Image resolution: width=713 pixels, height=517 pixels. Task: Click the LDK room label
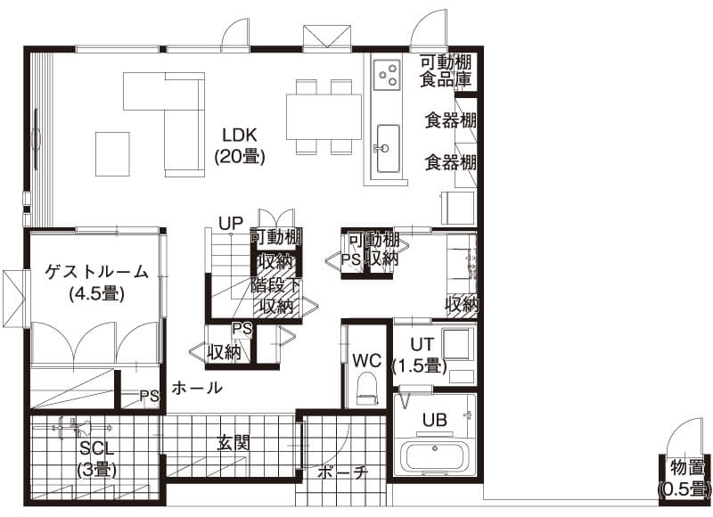pos(240,146)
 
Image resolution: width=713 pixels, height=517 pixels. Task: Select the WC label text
pos(367,361)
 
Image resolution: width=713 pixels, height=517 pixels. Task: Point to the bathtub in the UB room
pos(435,457)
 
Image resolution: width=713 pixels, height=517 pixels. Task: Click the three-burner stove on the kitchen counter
pos(387,75)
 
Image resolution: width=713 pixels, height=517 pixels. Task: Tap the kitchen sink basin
pos(389,149)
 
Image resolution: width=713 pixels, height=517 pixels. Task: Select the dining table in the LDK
pos(324,117)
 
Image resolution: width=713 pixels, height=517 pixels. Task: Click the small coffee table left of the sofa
pos(112,154)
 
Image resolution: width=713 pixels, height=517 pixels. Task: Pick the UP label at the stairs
pos(231,223)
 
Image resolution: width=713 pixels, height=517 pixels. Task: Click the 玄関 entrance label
pos(234,442)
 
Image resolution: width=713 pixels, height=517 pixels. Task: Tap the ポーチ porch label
pos(342,473)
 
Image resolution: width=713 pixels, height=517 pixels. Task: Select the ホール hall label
pos(197,388)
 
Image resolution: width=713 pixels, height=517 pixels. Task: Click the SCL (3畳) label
pos(97,459)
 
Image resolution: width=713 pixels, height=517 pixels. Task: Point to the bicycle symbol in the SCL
pos(82,428)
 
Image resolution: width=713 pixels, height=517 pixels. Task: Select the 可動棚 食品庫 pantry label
pos(445,70)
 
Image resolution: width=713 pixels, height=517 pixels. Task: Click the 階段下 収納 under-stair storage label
pos(275,296)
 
